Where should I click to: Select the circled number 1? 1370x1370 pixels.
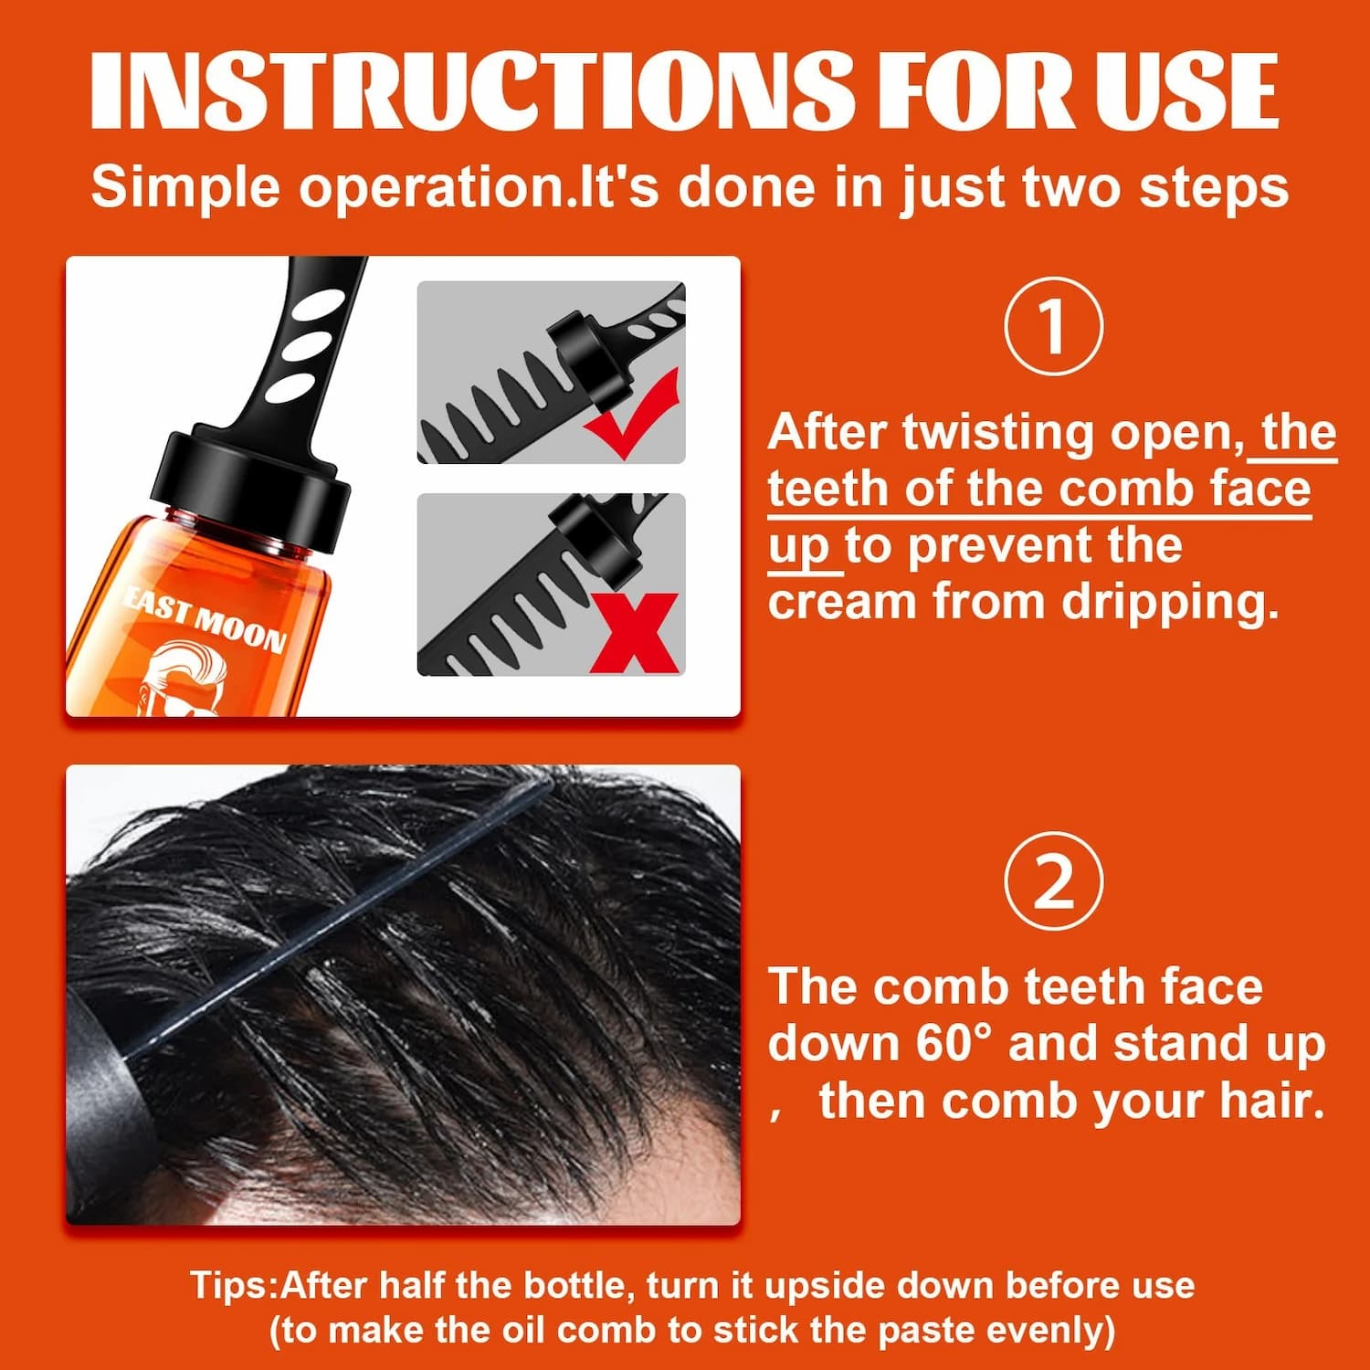click(1053, 326)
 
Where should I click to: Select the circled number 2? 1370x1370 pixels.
click(1053, 881)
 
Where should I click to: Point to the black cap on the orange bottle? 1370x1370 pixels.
click(256, 484)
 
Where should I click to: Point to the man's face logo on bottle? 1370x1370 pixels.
click(187, 680)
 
